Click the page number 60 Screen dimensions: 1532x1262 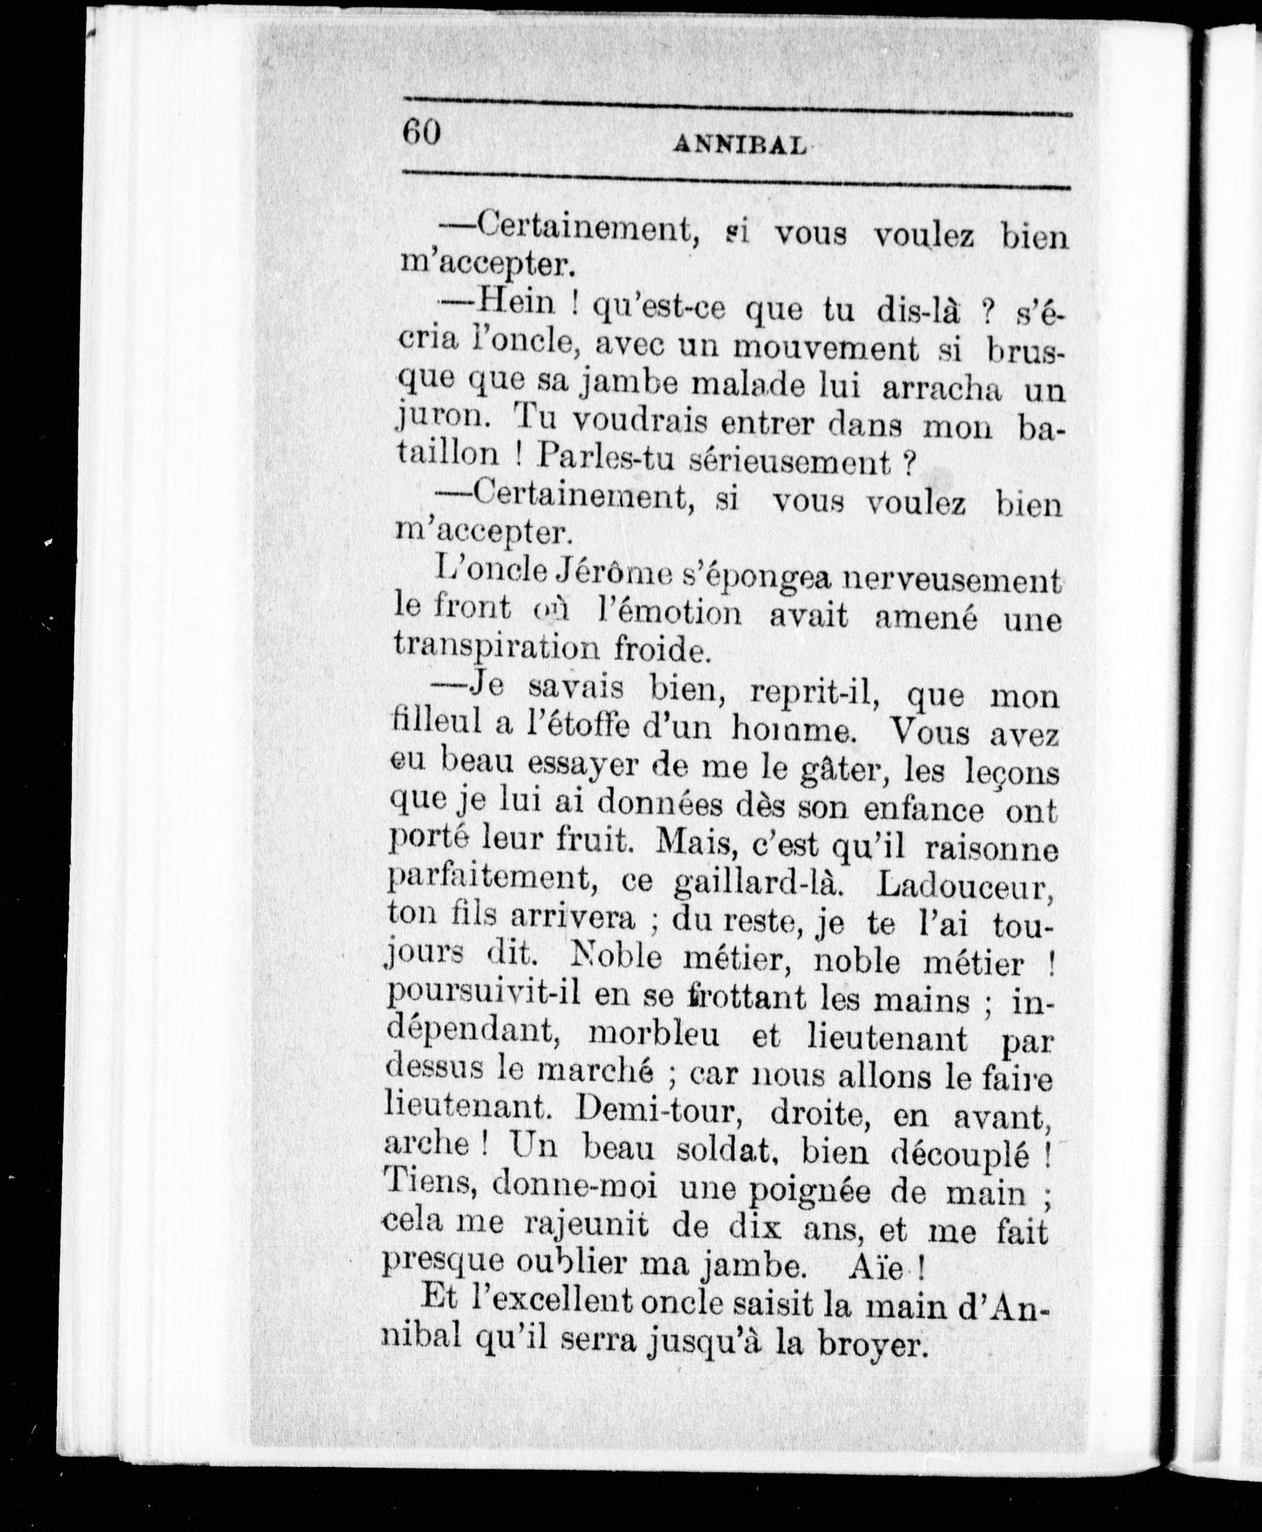tap(422, 133)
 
